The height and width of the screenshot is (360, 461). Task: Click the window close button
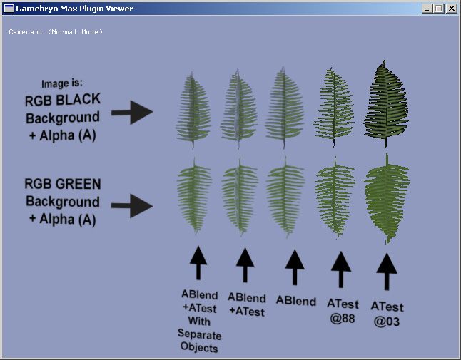(451, 9)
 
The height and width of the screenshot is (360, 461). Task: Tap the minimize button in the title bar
(427, 9)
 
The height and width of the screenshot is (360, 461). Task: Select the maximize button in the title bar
(438, 9)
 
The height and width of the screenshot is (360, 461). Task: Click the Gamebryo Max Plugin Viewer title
(74, 9)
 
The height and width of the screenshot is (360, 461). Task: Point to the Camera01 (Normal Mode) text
(56, 31)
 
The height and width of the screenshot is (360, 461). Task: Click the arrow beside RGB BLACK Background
(132, 112)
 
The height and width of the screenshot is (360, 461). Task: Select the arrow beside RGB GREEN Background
(132, 206)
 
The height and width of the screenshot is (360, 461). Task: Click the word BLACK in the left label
(78, 100)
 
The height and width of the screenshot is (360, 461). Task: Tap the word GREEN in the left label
(78, 184)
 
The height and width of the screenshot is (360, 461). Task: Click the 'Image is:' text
(62, 83)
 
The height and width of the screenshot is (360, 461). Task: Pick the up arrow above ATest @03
(387, 272)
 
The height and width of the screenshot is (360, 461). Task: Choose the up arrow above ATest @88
(341, 269)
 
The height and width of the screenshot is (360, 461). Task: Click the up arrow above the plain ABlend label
(295, 267)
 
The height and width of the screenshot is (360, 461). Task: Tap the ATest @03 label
(387, 314)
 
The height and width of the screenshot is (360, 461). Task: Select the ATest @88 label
(343, 311)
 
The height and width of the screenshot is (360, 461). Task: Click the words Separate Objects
(199, 341)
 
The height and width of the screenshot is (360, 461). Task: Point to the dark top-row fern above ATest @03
(386, 104)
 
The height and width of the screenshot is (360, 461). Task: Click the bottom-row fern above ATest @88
(335, 197)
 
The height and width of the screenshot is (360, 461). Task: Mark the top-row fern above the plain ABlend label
(284, 108)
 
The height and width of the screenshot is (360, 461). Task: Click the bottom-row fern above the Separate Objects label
(194, 196)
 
